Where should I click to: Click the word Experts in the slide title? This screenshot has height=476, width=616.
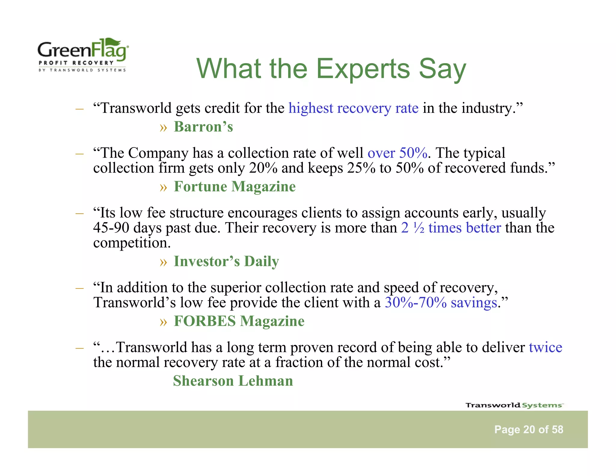click(x=363, y=69)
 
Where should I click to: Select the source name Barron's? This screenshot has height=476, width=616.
click(x=203, y=127)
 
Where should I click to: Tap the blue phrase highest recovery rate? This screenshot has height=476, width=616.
click(x=353, y=108)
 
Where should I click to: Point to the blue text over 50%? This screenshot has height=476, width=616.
click(x=397, y=153)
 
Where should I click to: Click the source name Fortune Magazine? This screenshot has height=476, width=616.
click(x=235, y=187)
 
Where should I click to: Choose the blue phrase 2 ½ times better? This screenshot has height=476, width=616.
click(x=451, y=228)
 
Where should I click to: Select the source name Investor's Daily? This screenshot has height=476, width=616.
click(x=226, y=261)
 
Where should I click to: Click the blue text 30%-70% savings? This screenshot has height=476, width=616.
click(x=441, y=303)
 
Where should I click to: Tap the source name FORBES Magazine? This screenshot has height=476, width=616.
click(x=239, y=321)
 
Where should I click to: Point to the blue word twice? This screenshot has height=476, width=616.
click(x=545, y=348)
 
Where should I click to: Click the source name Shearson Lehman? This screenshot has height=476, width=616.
click(x=233, y=381)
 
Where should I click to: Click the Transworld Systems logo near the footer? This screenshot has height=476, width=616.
click(x=514, y=405)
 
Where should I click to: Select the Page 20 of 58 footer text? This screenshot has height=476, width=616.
click(x=528, y=429)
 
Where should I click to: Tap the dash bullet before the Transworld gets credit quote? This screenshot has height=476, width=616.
click(x=79, y=109)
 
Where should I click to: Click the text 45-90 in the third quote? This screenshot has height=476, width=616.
click(x=111, y=228)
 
